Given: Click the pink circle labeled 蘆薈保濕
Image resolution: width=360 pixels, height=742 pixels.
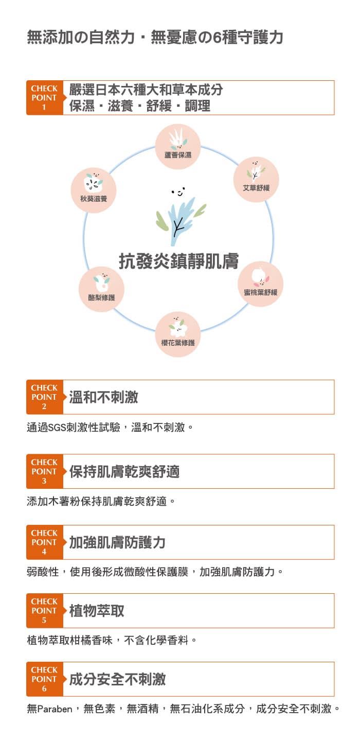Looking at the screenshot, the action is point(178,147).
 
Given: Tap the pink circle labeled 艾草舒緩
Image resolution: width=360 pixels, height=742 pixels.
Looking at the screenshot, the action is point(256,180).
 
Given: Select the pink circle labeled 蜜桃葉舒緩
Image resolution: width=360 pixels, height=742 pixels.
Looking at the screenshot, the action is point(260,284).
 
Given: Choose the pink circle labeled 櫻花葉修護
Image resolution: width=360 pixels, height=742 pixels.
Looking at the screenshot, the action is point(178,334).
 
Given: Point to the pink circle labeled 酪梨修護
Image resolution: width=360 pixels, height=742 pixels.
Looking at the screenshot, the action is point(101,289).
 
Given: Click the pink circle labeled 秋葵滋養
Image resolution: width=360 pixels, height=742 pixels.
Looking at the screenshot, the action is point(94,190).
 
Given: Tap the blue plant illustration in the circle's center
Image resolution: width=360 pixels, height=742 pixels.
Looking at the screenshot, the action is point(181,220).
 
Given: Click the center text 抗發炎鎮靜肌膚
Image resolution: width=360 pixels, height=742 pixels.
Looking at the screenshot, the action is point(179,261).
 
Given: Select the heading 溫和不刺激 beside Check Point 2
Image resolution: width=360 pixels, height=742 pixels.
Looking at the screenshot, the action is point(104,397).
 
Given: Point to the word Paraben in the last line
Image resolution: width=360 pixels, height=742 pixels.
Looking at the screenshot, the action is point(55,709).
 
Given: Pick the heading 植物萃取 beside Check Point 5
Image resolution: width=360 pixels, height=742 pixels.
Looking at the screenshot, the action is point(97,611).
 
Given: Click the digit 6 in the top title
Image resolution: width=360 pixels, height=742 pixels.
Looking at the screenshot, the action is point(217,38).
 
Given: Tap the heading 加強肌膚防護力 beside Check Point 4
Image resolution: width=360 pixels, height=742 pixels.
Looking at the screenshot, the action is point(117,542).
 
